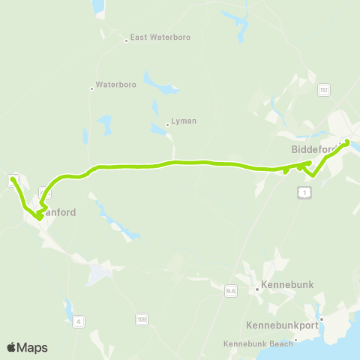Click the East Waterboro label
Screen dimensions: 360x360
point(160,36)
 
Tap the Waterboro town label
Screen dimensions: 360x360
point(116,85)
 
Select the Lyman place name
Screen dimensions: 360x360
point(183,121)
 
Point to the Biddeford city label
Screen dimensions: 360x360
point(313,148)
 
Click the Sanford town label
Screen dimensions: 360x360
point(58,212)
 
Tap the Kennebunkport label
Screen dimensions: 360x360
point(282,325)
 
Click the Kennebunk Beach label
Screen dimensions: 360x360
point(257,344)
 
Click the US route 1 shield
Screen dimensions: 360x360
point(302,193)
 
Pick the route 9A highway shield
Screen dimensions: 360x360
point(230,290)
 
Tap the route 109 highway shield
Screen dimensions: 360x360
point(141,319)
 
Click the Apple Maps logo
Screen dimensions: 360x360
point(27,347)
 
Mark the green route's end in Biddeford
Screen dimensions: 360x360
point(346,142)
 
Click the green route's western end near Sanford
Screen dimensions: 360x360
point(13,179)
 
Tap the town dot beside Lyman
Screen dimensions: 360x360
point(167,125)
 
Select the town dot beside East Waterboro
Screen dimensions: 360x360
point(127,40)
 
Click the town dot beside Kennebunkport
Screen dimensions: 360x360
point(321,320)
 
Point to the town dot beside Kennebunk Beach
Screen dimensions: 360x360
point(296,340)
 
